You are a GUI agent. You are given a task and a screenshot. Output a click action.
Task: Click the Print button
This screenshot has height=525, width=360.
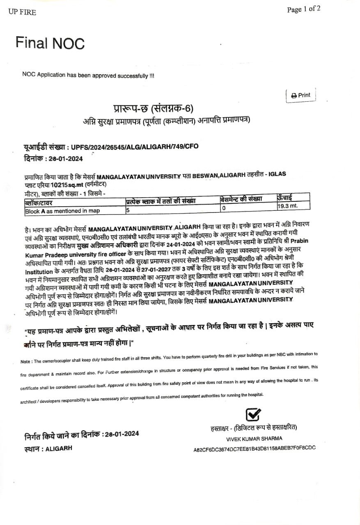(301, 95)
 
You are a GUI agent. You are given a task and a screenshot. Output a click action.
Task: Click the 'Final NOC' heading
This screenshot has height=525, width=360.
(50, 43)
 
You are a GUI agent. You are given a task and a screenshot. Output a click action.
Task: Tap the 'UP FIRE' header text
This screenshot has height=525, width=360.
(22, 12)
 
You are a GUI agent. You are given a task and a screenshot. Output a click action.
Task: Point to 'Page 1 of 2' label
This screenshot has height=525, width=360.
(304, 9)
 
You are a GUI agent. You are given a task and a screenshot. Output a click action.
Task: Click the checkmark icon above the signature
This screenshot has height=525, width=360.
(253, 415)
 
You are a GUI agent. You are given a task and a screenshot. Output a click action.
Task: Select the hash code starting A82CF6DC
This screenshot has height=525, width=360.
(255, 449)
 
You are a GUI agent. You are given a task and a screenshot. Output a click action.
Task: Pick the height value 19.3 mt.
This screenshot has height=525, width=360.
(287, 205)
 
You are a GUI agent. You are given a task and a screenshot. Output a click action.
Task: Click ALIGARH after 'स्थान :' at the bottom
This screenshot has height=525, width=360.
(59, 448)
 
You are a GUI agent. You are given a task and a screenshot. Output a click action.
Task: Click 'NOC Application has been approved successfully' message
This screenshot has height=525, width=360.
(88, 75)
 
